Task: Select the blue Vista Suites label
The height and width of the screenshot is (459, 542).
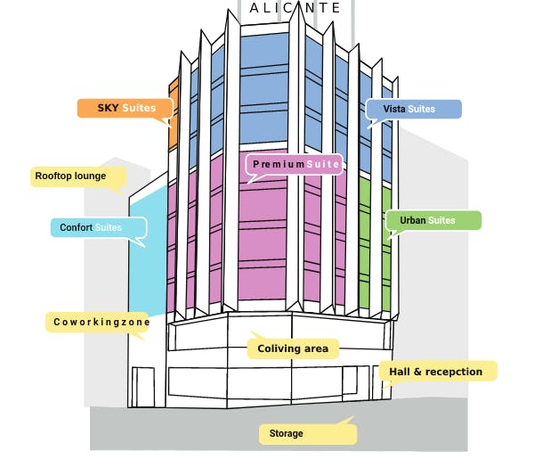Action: pos(414,109)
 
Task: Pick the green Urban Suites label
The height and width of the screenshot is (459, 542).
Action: pos(433,220)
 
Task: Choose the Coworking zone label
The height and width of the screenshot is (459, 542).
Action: pos(95,322)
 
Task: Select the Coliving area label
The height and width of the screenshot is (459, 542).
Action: pos(293,348)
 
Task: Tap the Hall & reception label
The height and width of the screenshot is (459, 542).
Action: pos(438,371)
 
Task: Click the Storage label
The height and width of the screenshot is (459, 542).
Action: pos(306,434)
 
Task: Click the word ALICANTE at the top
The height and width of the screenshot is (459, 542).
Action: pos(295,8)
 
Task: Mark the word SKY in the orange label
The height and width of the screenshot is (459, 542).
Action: pos(108,108)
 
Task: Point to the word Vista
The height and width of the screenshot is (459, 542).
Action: pos(394,109)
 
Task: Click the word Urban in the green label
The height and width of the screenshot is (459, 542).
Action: pos(412,220)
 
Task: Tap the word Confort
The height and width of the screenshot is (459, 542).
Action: pos(77,228)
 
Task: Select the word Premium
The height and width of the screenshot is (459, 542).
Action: pos(279,164)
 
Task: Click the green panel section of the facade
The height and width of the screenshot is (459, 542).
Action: pos(374,258)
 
